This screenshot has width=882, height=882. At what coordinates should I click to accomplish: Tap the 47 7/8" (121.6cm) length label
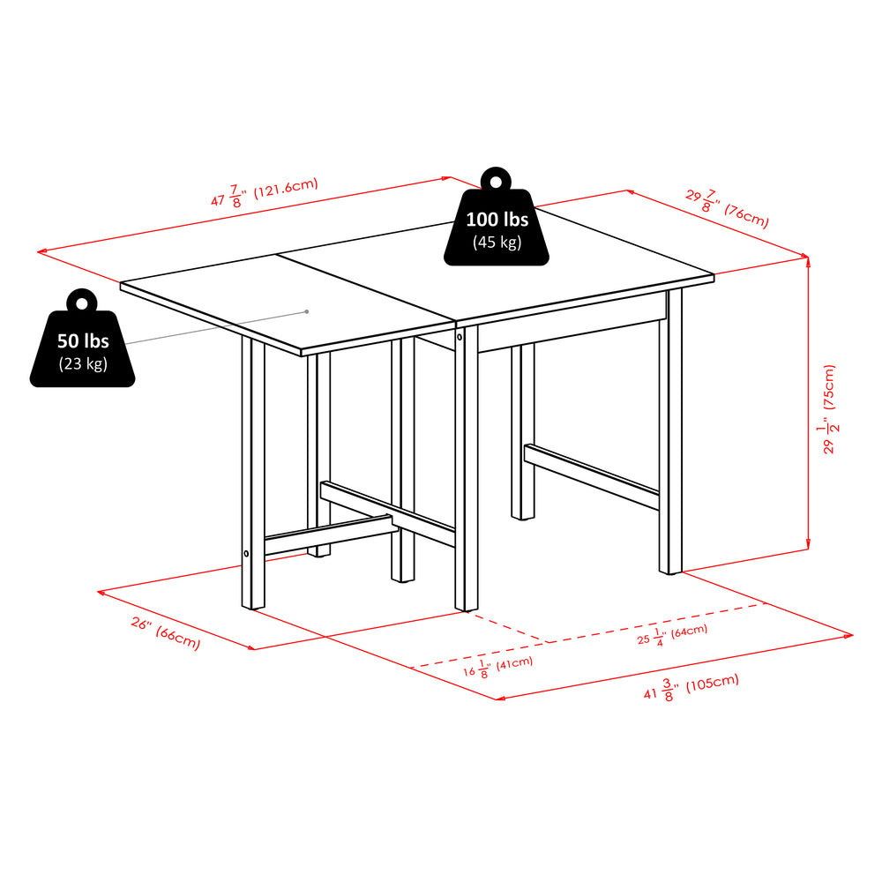click(x=264, y=191)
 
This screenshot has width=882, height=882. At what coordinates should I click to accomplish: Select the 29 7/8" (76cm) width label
click(x=727, y=208)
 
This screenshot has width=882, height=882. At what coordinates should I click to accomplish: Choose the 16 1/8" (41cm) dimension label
click(x=497, y=667)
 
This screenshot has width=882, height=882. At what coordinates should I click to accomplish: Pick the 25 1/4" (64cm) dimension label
click(x=672, y=634)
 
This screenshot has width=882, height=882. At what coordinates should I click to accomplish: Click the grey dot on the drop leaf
click(x=306, y=311)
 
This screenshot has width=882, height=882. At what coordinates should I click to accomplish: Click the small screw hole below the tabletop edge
click(x=460, y=336)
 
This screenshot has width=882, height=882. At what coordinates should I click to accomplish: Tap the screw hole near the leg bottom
click(x=247, y=554)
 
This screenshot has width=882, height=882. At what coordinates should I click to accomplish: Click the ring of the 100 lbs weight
click(x=497, y=180)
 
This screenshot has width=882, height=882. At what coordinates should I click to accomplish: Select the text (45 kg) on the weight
click(x=497, y=242)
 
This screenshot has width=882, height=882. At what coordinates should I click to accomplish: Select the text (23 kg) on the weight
click(x=83, y=363)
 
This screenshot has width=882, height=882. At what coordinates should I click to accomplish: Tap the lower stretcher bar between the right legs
click(x=591, y=476)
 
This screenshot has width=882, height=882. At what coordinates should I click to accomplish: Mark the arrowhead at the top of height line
click(x=807, y=259)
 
